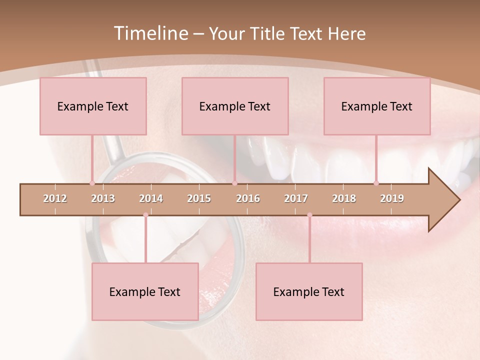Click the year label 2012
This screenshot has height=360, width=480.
(55, 198)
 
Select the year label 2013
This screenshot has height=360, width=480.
(103, 198)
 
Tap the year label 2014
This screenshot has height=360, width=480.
(151, 198)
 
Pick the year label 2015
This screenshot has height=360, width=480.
(199, 198)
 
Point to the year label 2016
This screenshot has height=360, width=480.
(248, 198)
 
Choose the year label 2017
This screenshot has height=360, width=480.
(296, 198)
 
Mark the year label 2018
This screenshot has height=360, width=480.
(344, 198)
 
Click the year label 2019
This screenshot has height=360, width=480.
(392, 198)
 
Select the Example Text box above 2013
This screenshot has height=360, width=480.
(93, 106)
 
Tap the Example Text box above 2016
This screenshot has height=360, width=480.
(235, 106)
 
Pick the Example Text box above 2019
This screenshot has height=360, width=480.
(377, 106)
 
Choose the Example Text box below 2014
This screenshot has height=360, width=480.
(145, 291)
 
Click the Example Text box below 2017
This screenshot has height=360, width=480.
(309, 291)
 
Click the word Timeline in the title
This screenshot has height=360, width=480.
(150, 33)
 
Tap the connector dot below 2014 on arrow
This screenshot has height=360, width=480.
(145, 215)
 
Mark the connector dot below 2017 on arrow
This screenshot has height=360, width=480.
(309, 215)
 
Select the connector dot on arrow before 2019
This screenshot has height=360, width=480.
(376, 183)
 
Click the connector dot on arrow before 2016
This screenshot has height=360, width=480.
(234, 183)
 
